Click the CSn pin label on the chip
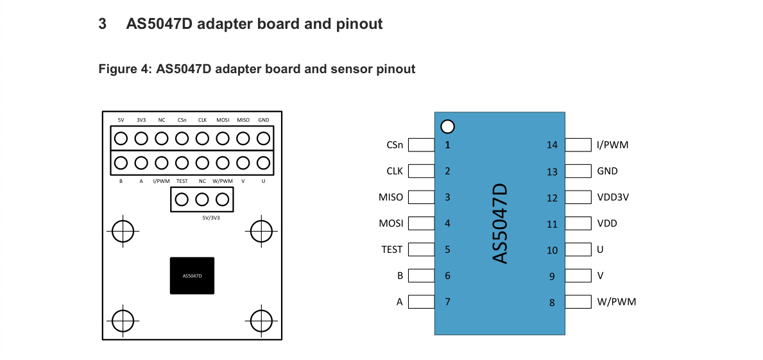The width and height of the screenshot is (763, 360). click(395, 145)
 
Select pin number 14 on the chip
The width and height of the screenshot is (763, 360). click(552, 145)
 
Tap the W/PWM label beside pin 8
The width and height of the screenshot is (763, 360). click(617, 302)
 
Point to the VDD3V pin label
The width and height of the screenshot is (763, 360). click(613, 198)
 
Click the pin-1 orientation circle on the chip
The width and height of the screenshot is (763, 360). click(448, 126)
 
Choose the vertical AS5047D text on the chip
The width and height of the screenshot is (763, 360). click(500, 223)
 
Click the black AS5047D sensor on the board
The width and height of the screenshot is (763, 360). click(192, 275)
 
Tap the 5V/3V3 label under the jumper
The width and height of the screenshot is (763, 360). click(211, 218)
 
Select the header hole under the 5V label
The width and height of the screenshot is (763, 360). click(121, 138)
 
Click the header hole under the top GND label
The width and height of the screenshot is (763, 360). click(263, 138)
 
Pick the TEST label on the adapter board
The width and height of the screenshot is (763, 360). click(182, 182)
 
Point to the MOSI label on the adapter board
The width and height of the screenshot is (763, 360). click(223, 120)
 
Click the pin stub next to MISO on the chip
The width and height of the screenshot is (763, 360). click(422, 198)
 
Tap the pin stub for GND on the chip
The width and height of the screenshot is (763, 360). click(578, 171)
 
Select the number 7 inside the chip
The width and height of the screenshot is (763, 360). click(447, 302)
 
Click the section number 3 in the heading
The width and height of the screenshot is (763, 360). click(103, 24)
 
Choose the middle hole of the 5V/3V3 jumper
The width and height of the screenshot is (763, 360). click(202, 200)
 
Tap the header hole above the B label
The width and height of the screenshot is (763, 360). click(121, 162)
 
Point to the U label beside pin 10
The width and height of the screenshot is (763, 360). click(600, 250)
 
